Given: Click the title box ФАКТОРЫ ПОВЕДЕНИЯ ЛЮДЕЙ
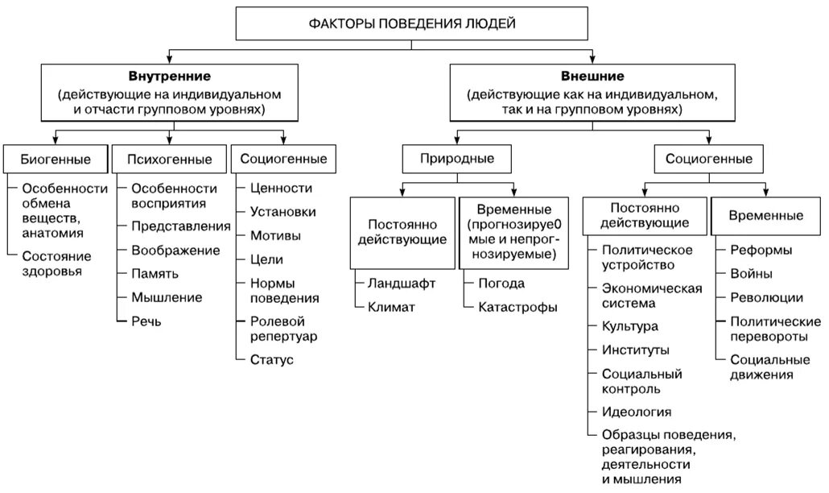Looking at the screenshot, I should tap(412, 23).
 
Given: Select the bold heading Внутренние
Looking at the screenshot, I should tap(170, 77).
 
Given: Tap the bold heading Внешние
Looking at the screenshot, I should tap(594, 77).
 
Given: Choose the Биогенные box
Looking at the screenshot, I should tap(55, 159).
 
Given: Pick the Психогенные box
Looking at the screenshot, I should tap(169, 159).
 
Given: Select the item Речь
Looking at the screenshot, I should tap(146, 321).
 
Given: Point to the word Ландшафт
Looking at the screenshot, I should tap(402, 283).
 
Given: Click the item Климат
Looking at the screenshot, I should tap(391, 306).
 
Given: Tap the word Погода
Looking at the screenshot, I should tap(501, 283).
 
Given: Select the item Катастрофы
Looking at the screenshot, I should tap(517, 306).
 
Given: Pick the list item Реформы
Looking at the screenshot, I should tap(761, 251).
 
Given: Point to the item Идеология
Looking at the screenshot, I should tap(636, 412).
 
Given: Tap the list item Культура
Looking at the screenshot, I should tap(629, 326).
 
